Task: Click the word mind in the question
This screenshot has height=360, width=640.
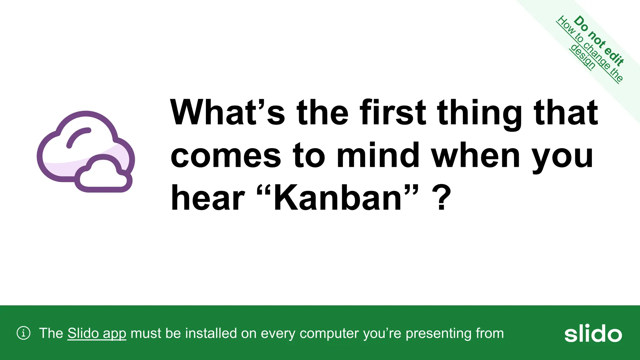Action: [x=378, y=155]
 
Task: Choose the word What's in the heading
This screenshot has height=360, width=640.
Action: [x=227, y=112]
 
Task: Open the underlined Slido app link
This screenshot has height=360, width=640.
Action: [x=97, y=333]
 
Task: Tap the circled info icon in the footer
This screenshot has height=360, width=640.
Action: [x=23, y=333]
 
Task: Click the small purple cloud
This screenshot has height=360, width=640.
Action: [x=103, y=176]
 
